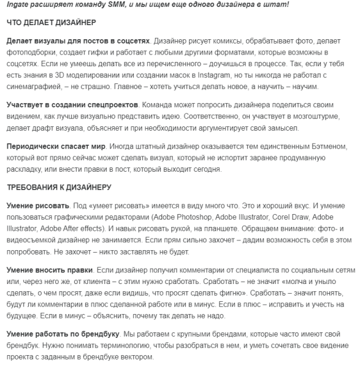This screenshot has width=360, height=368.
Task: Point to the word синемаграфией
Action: (x=34, y=85)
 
